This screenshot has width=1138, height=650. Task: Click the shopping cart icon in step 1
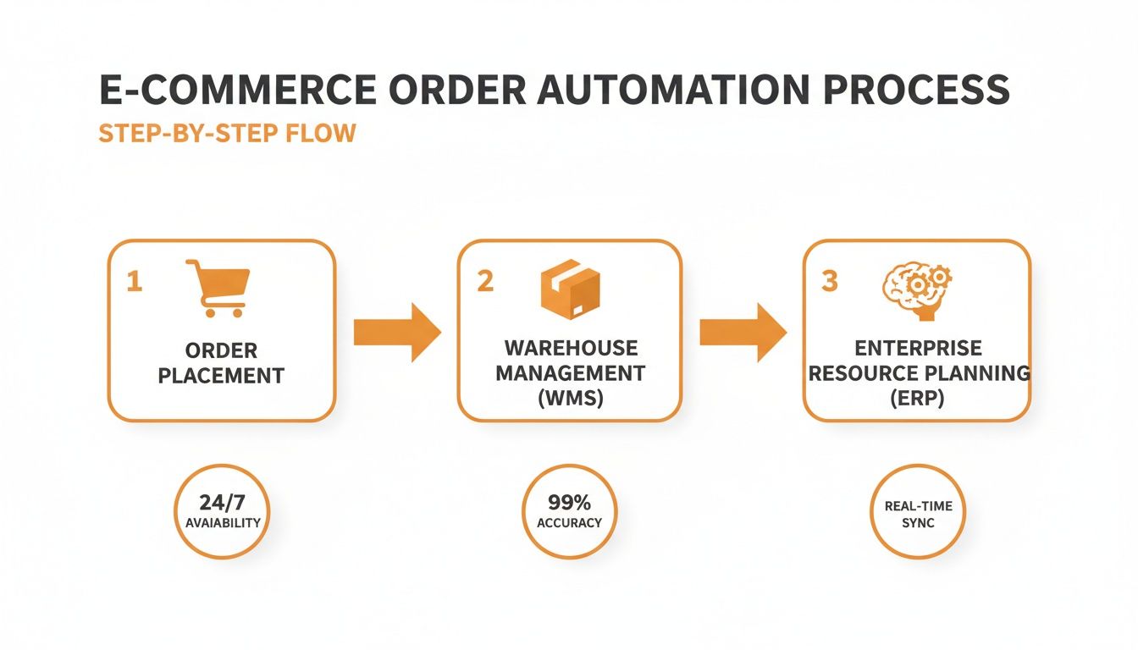[218, 288]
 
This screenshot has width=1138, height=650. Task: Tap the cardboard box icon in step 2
[570, 288]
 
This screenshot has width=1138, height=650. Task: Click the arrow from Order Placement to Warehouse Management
[396, 333]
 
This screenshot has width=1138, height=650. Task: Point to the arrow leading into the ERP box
[742, 333]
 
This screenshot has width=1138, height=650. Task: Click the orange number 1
[133, 282]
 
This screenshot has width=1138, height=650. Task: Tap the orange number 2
[484, 282]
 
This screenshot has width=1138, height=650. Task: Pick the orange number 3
[830, 282]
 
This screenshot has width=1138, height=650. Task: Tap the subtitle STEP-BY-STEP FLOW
[227, 134]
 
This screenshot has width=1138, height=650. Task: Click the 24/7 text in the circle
[223, 502]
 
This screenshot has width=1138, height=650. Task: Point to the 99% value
[569, 502]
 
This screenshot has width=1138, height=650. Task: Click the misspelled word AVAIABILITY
[223, 523]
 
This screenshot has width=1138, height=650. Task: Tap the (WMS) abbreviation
[570, 399]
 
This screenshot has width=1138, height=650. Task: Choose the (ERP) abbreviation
[918, 399]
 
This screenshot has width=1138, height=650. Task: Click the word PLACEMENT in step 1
[221, 376]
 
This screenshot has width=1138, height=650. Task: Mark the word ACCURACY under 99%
[569, 523]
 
